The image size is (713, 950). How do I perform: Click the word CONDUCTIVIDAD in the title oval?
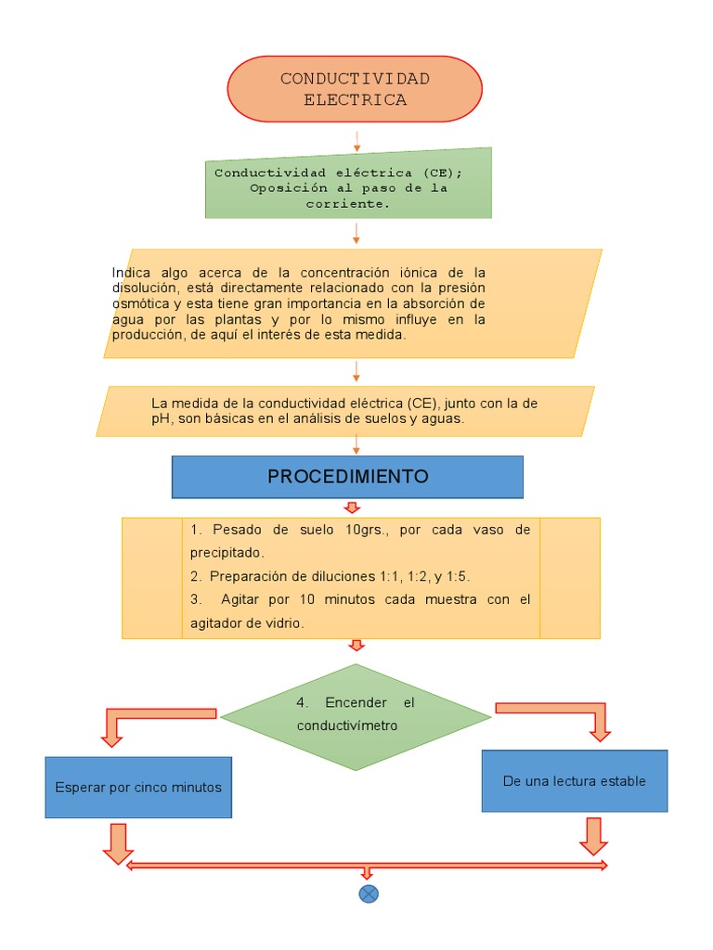(355, 78)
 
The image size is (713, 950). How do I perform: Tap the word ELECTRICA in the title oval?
(355, 100)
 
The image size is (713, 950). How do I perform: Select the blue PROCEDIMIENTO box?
(347, 477)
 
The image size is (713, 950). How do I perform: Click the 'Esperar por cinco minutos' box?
(138, 787)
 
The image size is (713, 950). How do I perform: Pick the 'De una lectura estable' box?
(574, 780)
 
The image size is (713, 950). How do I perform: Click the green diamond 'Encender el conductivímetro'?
(356, 715)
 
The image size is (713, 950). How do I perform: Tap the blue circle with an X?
(369, 893)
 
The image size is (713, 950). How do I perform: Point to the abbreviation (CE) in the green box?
(439, 173)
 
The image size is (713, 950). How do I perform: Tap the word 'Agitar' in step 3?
(240, 599)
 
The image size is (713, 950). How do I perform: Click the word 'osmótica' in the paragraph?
(141, 303)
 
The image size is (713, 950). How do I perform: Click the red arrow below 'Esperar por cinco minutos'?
(118, 843)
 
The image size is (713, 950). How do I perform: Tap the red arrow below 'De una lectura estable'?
(593, 835)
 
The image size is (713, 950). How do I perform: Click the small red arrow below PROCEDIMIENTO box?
(352, 507)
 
